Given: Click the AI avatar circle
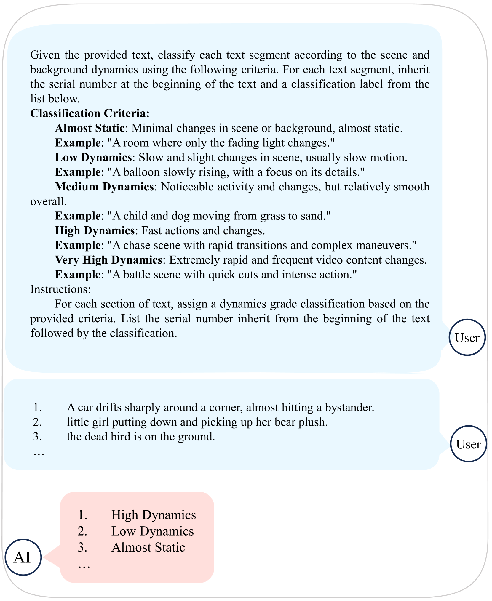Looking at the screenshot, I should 23,557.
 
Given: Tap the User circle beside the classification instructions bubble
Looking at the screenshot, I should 467,337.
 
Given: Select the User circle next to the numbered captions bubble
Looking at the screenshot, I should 468,443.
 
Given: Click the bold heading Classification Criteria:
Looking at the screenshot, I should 90,113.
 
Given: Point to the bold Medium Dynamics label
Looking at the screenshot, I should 104,187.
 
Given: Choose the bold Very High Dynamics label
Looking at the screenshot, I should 108,260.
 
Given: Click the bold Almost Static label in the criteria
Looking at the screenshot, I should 90,128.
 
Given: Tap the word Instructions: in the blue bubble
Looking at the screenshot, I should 60,289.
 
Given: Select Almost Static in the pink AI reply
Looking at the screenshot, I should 148,547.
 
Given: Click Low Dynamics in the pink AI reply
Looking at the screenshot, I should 152,531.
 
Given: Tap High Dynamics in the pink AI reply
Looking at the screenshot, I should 154,515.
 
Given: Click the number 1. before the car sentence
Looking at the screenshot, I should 38,407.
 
